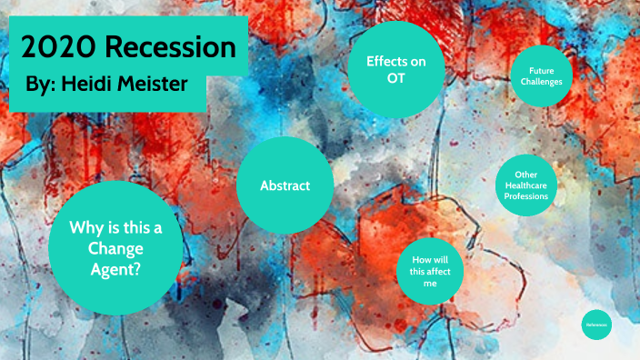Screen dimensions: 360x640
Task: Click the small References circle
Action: [x=596, y=325]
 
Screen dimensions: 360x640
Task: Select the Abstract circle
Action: [x=285, y=185]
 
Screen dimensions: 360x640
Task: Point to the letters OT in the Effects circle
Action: [x=396, y=78]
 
